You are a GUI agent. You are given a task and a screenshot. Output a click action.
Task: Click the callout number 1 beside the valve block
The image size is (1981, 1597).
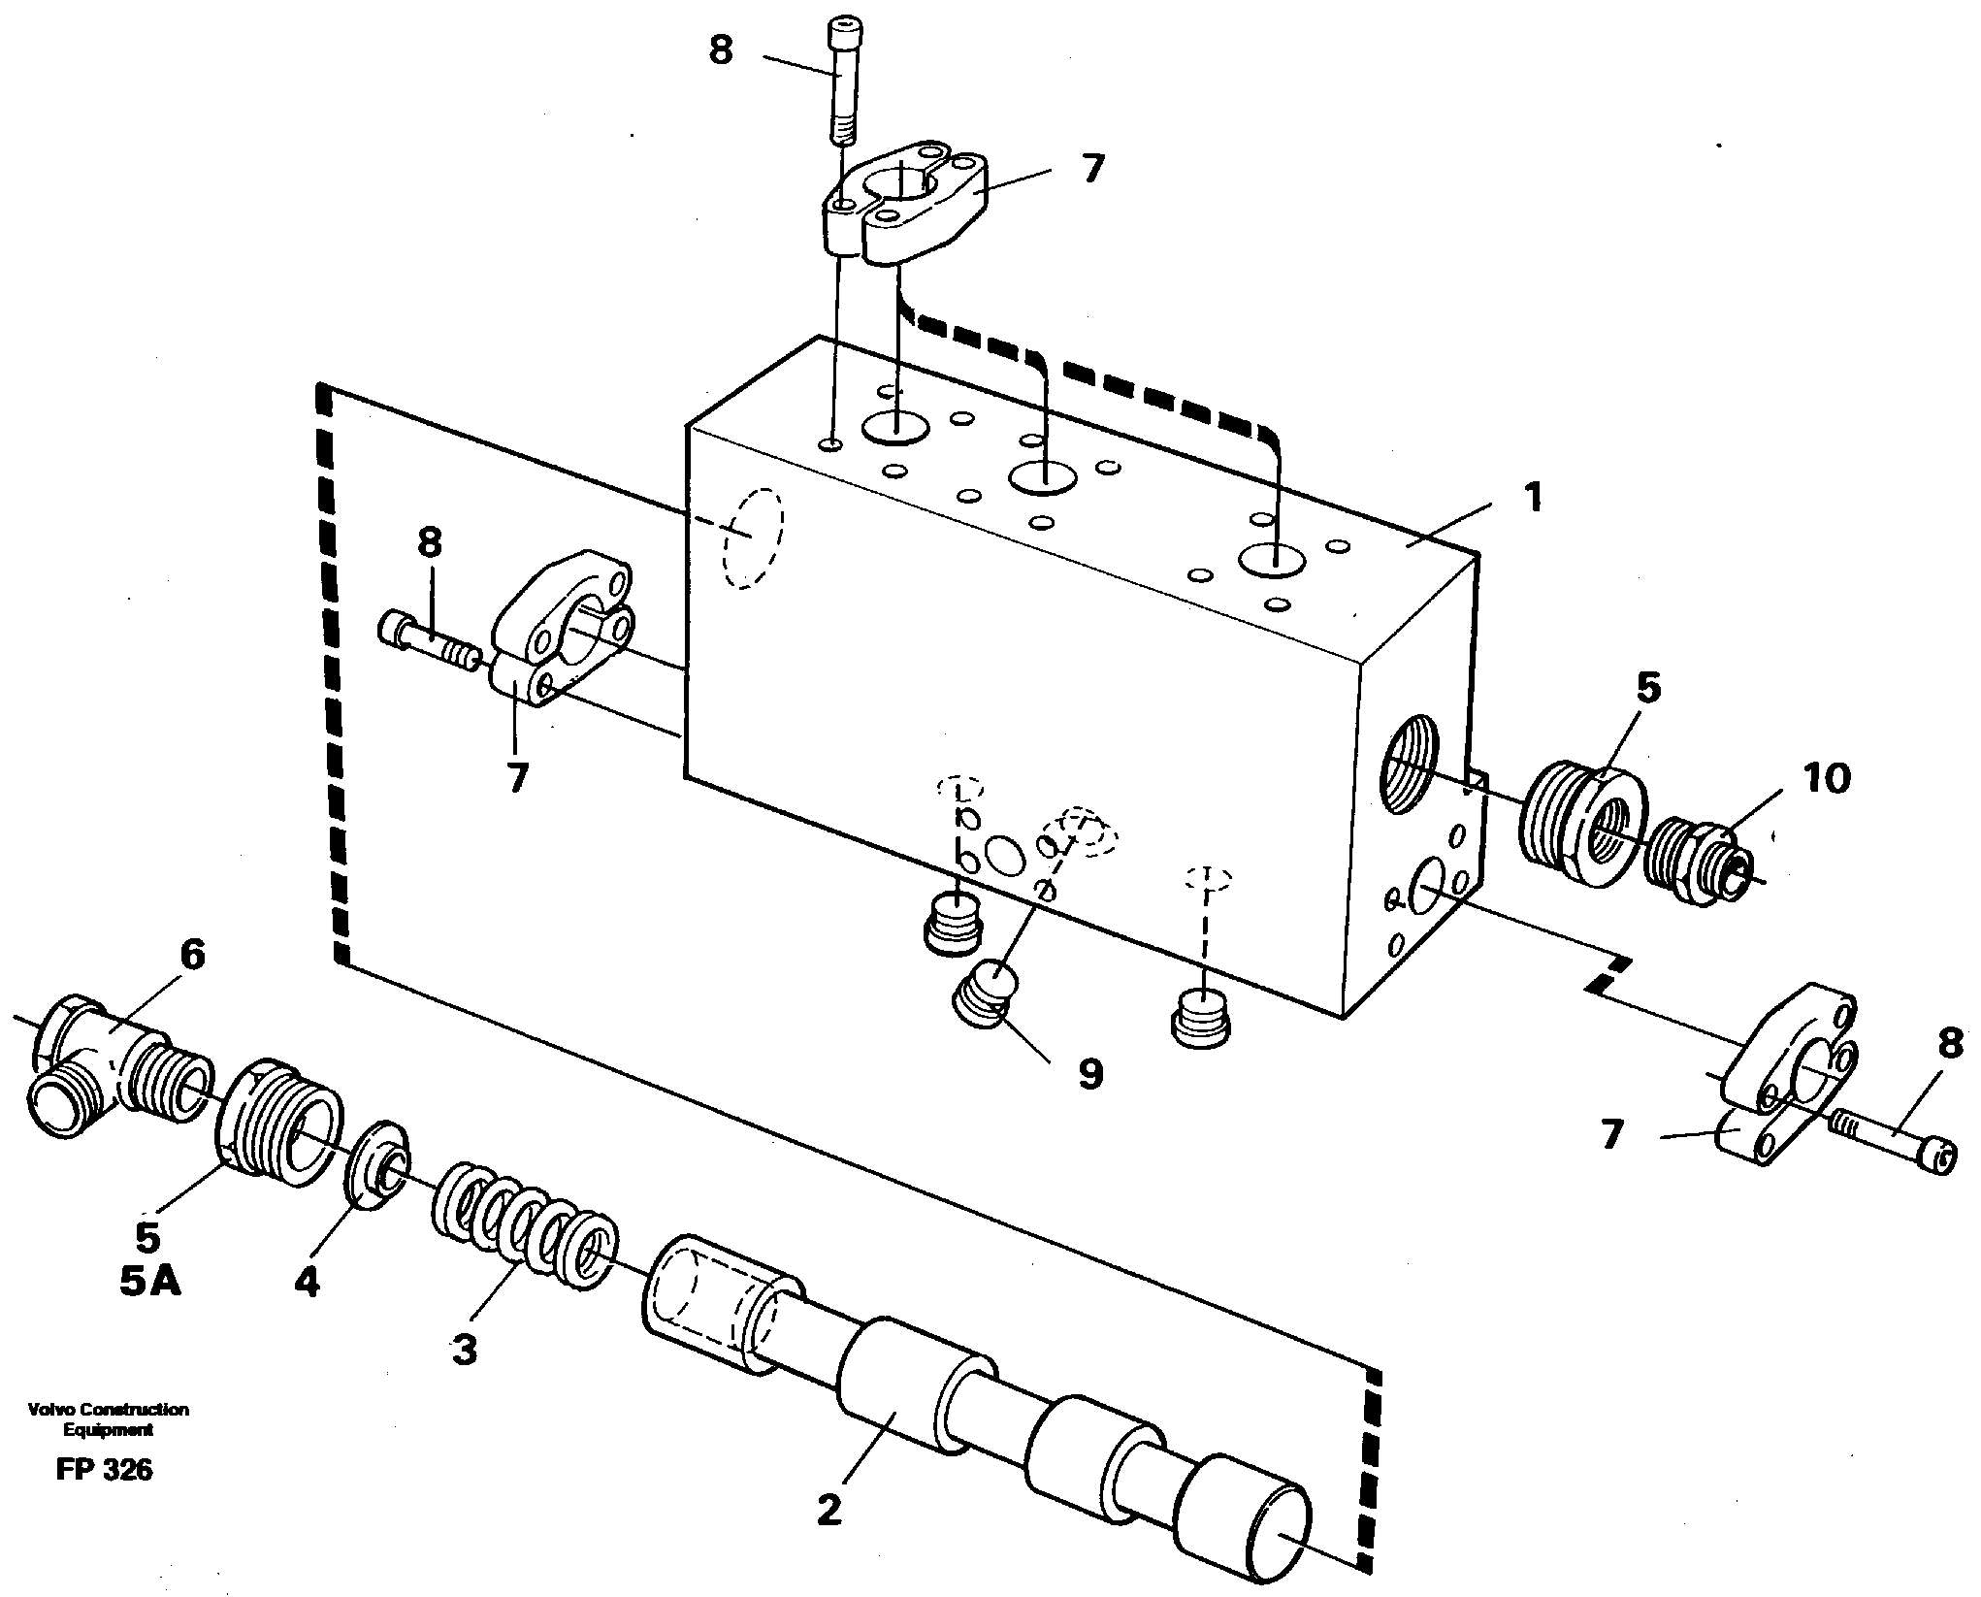1531,498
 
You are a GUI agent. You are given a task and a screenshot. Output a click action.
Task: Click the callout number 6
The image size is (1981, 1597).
192,956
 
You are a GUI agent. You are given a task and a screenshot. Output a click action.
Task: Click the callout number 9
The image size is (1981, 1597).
1090,1073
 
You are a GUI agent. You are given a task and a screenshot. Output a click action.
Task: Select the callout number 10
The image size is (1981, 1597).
1827,777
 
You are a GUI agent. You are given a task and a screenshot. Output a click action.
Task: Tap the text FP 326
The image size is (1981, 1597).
104,1470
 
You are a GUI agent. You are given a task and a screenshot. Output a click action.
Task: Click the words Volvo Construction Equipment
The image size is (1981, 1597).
109,1418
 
